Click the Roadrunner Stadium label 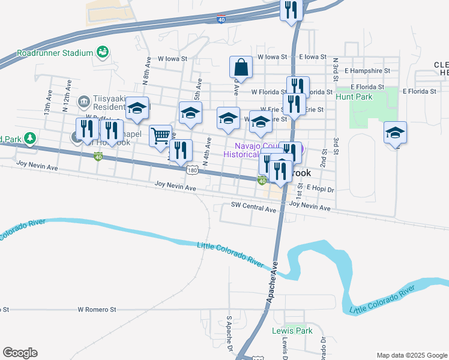point(54,53)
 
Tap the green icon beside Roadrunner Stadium point(102,53)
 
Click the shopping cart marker point(160,136)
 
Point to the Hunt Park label point(354,97)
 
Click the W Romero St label point(97,310)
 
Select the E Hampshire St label point(368,70)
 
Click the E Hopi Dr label point(320,188)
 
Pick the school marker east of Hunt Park point(395,133)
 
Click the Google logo point(20,353)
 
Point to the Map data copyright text point(412,355)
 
